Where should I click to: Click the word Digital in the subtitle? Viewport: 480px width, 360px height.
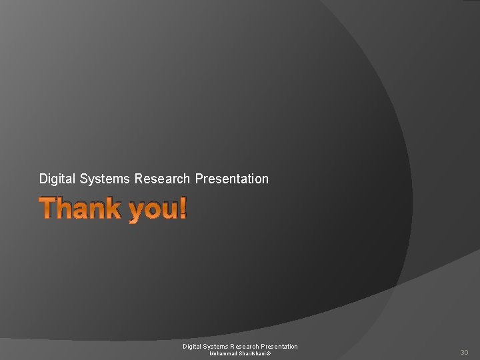[57, 179]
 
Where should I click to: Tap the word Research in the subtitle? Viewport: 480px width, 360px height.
[162, 179]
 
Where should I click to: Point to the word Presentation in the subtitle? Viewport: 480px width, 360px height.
[232, 179]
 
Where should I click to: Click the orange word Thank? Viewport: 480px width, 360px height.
[80, 209]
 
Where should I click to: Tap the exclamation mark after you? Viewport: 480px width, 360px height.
[183, 209]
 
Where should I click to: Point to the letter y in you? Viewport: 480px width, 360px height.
[137, 213]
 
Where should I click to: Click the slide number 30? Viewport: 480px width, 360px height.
[464, 352]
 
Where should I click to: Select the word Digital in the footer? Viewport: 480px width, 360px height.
[193, 346]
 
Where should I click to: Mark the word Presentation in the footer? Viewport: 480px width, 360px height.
[282, 346]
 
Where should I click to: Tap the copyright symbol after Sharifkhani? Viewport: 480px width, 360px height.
[269, 353]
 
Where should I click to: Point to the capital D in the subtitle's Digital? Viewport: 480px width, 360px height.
[43, 179]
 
